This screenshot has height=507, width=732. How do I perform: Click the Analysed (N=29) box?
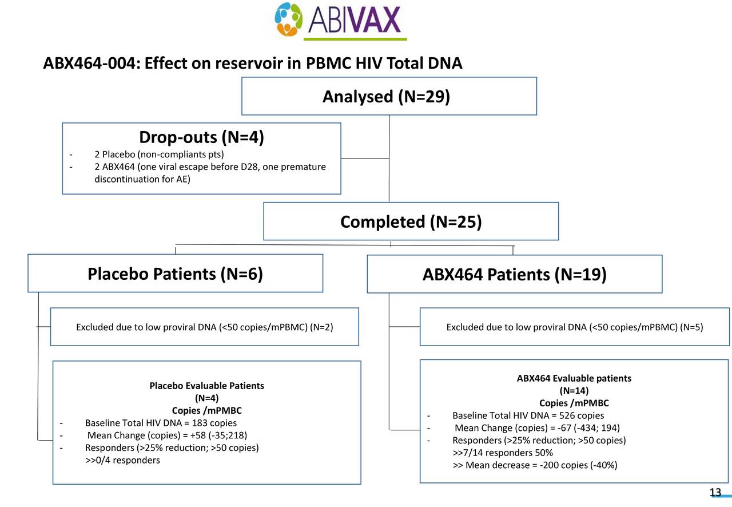click(389, 97)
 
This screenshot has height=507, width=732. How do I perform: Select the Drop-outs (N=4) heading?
click(201, 138)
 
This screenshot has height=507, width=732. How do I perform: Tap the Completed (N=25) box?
click(411, 221)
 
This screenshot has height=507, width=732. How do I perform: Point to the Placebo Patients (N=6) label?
click(175, 274)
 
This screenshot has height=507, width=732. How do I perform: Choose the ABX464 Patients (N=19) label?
click(514, 275)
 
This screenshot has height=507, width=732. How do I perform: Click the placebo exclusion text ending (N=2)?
click(204, 327)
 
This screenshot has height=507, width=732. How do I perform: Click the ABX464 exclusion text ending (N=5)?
click(574, 327)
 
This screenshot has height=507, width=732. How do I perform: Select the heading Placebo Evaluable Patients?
click(206, 386)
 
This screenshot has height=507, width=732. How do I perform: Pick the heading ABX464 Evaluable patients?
click(574, 378)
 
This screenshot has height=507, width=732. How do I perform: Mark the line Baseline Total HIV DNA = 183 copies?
click(161, 423)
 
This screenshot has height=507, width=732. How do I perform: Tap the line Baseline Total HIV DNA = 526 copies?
click(528, 415)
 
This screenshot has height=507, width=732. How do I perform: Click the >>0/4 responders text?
click(122, 460)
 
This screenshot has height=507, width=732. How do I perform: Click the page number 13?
click(715, 493)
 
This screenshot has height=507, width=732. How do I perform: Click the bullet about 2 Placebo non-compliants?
click(159, 155)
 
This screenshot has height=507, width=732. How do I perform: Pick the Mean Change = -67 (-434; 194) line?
click(538, 429)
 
